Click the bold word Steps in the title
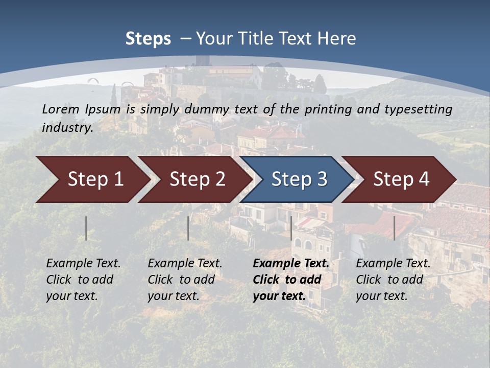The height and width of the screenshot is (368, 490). coord(148,39)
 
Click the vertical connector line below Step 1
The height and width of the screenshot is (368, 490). coord(86,228)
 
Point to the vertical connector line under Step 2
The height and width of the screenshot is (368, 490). coord(188,228)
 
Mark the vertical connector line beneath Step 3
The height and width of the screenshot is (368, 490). coord(291,228)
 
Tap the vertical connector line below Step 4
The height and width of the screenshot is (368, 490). coord(394,228)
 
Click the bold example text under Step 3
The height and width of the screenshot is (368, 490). coord(290,280)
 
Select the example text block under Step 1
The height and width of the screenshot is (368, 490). coord(83,280)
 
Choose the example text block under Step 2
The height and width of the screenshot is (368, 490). coord(185,280)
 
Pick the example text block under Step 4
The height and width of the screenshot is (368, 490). coord(393,280)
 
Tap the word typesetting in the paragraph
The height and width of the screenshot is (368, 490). coord(418,109)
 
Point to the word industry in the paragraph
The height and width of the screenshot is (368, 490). coord(67,127)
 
